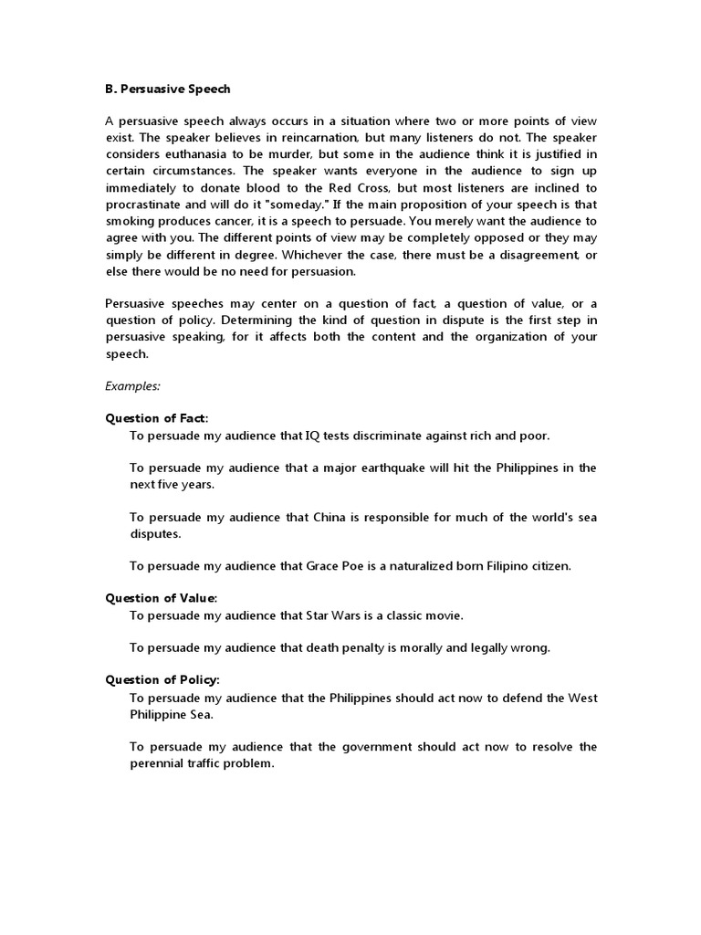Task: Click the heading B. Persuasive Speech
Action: pos(168,89)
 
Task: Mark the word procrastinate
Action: pos(148,205)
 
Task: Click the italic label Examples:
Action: pos(132,386)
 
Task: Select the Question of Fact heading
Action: pos(156,418)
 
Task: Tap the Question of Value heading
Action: pos(162,598)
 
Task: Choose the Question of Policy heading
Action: pos(162,680)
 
